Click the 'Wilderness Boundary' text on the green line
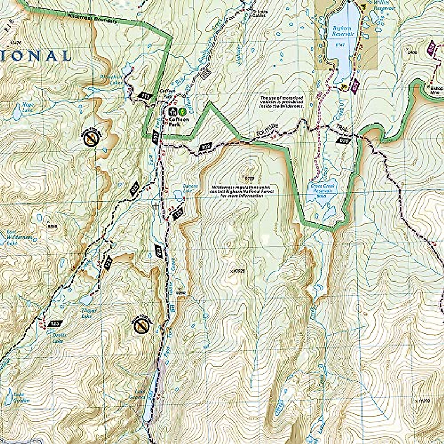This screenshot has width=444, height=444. tap(92, 18)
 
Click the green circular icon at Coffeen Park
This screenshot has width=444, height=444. tap(182, 111)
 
